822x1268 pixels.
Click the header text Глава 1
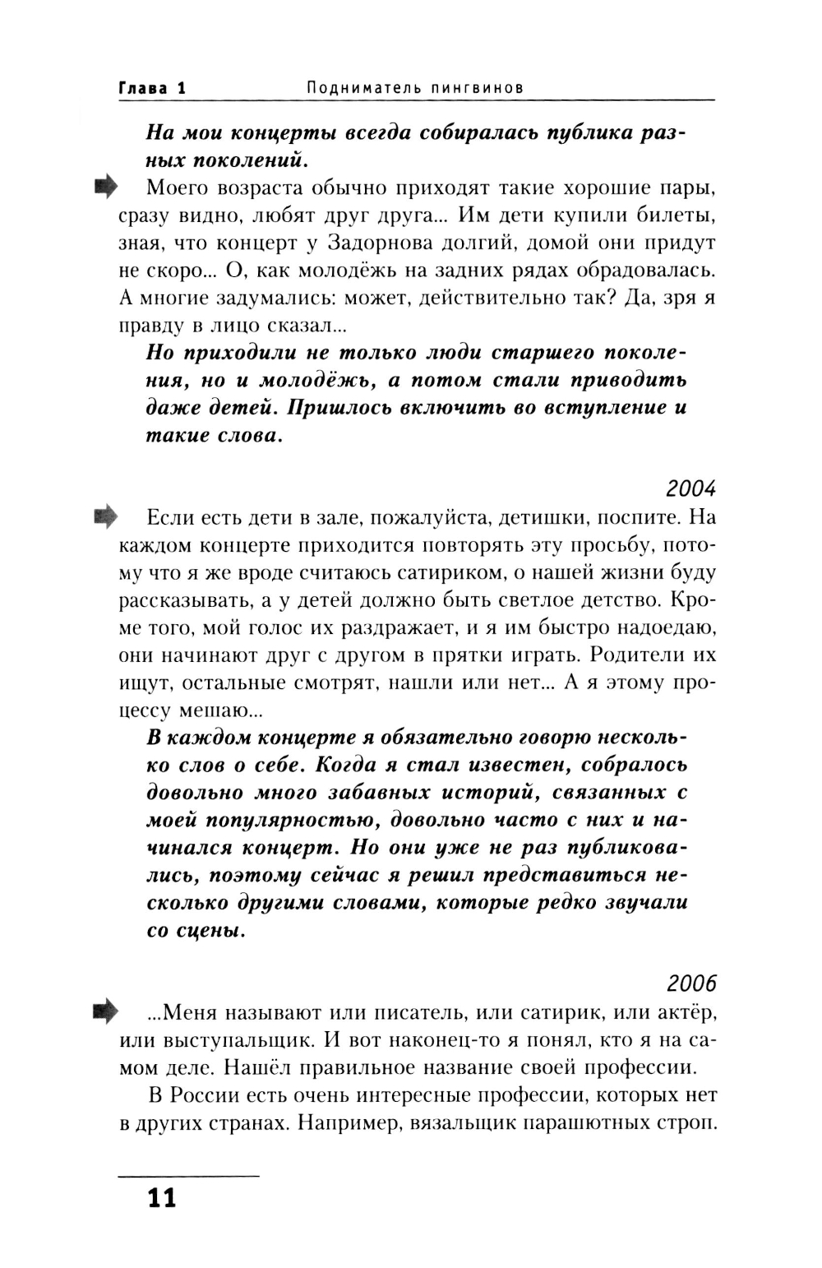point(153,88)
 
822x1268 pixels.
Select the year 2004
point(690,488)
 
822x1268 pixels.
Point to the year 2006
point(691,983)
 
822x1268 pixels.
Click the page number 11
point(162,1198)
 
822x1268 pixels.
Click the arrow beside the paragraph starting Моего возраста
point(106,187)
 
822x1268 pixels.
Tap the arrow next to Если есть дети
point(106,517)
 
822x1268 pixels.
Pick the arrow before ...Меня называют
point(106,1011)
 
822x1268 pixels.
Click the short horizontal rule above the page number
point(189,1177)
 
